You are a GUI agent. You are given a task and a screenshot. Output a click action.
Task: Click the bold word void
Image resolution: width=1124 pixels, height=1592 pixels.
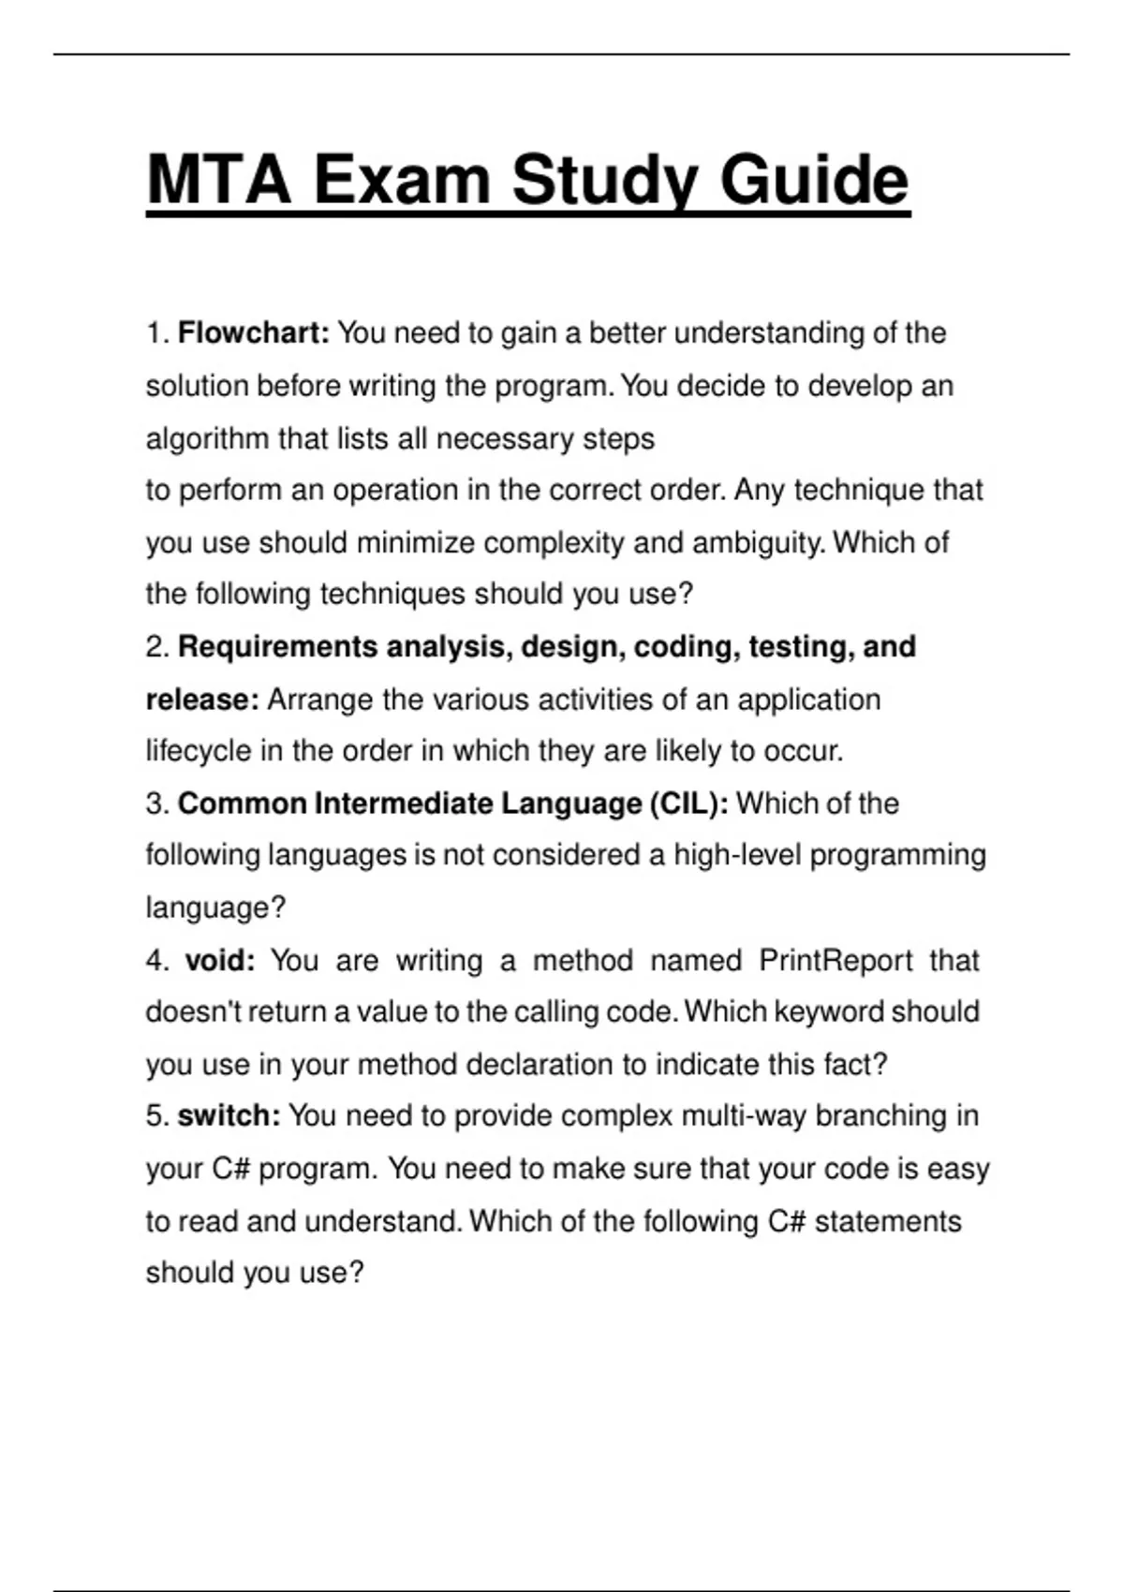coord(220,960)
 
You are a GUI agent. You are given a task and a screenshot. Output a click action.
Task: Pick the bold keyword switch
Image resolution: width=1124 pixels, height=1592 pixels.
coord(229,1115)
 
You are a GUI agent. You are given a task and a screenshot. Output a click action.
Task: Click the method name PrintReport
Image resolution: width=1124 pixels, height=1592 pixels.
coord(835,960)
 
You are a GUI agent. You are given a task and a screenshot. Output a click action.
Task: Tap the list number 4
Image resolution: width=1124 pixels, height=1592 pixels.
coord(155,960)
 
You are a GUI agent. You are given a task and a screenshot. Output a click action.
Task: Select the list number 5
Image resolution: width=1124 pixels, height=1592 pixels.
coord(155,1115)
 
